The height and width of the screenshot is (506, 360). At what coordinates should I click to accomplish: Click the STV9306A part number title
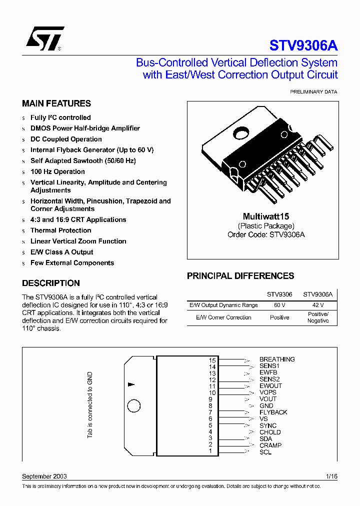(303, 45)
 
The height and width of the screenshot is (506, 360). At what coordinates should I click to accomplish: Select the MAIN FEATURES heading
(56, 103)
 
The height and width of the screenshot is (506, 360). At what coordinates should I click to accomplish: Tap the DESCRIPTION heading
(51, 283)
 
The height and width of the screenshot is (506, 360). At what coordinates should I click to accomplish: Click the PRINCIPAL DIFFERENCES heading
(240, 276)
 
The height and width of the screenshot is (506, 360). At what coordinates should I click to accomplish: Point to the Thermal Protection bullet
(60, 230)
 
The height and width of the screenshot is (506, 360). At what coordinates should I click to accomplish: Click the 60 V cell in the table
(279, 305)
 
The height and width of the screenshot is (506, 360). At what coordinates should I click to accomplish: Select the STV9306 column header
(279, 294)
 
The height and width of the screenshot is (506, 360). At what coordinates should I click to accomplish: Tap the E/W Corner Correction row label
(223, 317)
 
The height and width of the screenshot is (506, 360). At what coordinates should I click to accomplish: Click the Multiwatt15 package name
(266, 216)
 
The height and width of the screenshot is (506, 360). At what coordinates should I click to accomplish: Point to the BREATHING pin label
(277, 359)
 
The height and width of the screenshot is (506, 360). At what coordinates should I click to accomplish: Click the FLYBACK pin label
(273, 412)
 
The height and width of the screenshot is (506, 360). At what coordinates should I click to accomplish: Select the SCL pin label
(265, 452)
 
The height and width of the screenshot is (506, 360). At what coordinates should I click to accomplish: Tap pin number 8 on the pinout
(210, 406)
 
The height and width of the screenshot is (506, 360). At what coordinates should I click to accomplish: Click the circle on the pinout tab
(134, 406)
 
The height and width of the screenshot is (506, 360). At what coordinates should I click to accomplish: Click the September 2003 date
(44, 476)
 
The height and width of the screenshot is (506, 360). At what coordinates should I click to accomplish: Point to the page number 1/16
(331, 476)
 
